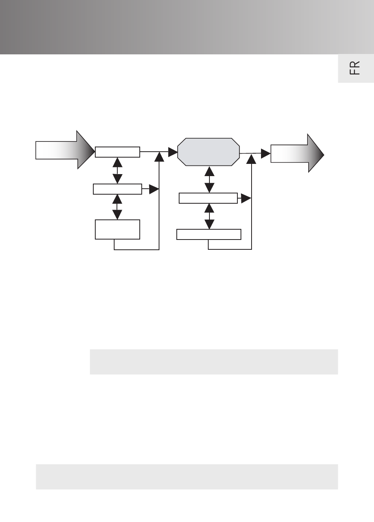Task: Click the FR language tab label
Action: pos(355,68)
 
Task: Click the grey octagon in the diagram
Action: pos(208,152)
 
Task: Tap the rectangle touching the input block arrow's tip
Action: pos(117,152)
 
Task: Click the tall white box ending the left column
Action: pos(117,229)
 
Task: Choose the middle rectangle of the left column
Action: pos(117,189)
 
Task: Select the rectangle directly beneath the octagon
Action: pos(208,198)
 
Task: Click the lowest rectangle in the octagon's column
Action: pos(209,234)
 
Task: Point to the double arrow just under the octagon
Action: pos(209,179)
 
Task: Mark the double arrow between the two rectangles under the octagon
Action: pos(209,216)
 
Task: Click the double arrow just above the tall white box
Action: pos(117,207)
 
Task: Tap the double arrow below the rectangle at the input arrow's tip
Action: pos(117,171)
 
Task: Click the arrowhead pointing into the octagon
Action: pos(173,152)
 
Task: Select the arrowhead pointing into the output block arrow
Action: pos(265,153)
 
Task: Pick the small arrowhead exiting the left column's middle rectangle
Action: pos(154,189)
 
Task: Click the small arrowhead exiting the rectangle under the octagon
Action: pos(246,199)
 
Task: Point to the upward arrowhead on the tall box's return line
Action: pos(159,156)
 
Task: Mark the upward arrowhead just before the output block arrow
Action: pos(252,158)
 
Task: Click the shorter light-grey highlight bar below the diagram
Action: pos(214,362)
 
